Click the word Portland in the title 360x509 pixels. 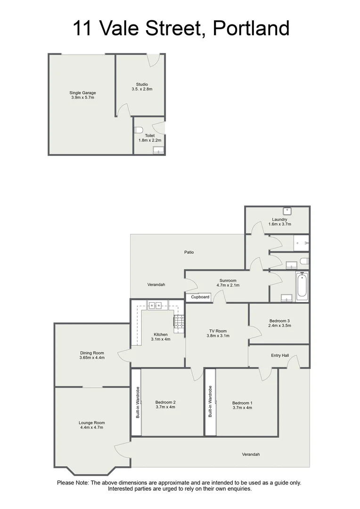point(251,28)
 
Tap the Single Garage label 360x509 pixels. point(82,93)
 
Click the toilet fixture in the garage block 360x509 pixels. point(138,130)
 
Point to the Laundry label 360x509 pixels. point(279,219)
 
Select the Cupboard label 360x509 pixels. point(200,297)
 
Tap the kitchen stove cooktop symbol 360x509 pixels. point(179,321)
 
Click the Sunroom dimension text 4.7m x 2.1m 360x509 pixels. point(228,285)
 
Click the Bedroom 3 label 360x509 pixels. point(279,321)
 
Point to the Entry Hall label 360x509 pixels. point(280,355)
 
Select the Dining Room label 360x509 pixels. point(92,353)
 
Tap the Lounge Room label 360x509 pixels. point(92,423)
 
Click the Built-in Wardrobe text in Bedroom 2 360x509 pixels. point(138,402)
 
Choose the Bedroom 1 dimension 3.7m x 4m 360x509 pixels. point(242,408)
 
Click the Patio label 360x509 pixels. point(189,252)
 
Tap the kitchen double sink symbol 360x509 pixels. point(155,305)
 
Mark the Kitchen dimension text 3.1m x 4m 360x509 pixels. point(161,339)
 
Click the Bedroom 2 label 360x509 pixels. point(165,402)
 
